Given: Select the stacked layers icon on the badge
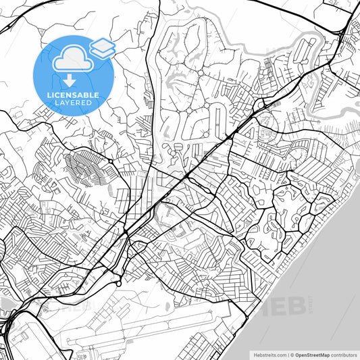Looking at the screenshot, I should [x=103, y=47].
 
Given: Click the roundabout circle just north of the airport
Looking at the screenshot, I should [x=119, y=284].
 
